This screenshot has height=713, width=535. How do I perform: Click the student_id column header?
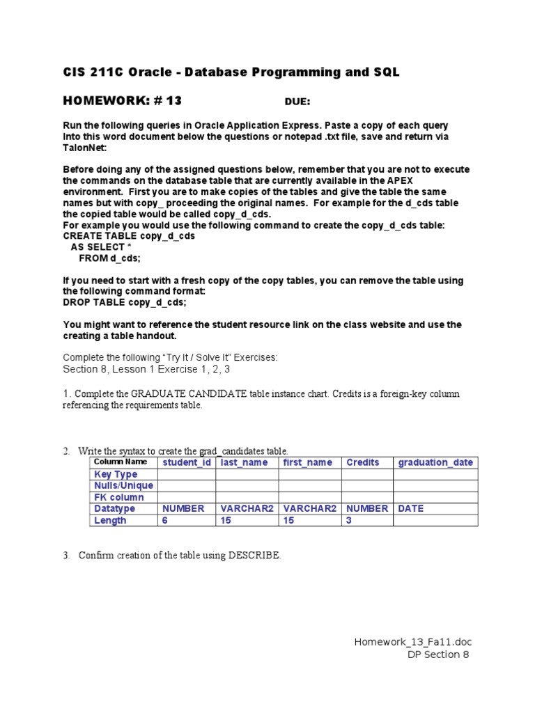tap(186, 462)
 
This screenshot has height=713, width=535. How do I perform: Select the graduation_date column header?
tap(435, 462)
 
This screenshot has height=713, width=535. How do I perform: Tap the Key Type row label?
tap(116, 474)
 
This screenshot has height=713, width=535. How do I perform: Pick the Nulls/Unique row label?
tap(124, 485)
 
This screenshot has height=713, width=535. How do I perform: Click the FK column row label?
tap(119, 497)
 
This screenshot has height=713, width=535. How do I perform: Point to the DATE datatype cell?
tap(411, 508)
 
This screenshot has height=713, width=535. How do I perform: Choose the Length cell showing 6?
tap(165, 520)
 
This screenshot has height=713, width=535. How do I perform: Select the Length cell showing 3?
tap(350, 520)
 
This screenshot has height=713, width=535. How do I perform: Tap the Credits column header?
tap(363, 462)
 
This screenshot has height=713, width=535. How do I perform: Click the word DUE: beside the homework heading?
tap(297, 102)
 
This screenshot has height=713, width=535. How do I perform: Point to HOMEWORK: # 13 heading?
tap(122, 101)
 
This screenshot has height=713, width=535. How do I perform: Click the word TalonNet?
tap(86, 148)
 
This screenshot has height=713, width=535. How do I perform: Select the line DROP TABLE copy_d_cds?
tap(125, 303)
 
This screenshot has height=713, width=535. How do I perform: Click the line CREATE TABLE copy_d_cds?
tap(129, 236)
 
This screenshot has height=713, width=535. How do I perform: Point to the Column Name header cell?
tap(121, 462)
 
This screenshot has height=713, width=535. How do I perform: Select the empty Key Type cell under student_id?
tap(186, 474)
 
